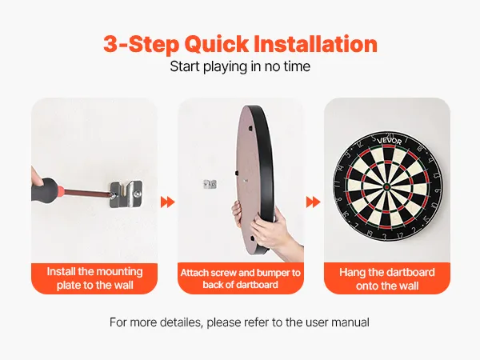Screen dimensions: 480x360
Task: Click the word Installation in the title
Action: [x=316, y=44]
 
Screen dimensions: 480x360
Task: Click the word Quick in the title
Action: [x=217, y=45]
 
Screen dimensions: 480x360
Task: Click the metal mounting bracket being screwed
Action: [x=126, y=194]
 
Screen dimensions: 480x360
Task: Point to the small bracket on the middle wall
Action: [x=210, y=184]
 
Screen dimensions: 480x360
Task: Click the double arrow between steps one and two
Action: [x=168, y=202]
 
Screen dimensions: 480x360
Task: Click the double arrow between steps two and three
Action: [x=313, y=202]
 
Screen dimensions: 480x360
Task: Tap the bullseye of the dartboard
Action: [x=387, y=186]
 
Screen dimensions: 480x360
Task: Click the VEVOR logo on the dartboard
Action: [x=389, y=141]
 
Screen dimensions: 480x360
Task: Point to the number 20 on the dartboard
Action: [x=390, y=136]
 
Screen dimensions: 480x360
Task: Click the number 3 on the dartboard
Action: [x=385, y=236]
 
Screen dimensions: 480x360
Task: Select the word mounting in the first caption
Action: [x=119, y=272]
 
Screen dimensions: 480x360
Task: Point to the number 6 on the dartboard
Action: [x=438, y=192]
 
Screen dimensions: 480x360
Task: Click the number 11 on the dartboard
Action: [x=337, y=184]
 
